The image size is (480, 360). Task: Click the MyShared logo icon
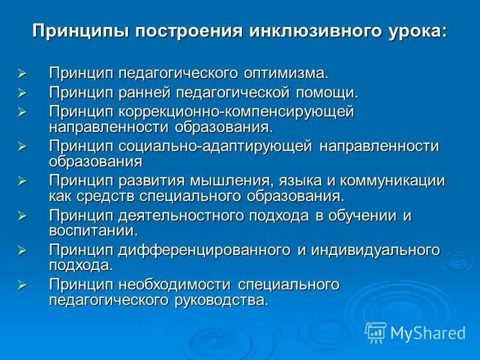point(376,332)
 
